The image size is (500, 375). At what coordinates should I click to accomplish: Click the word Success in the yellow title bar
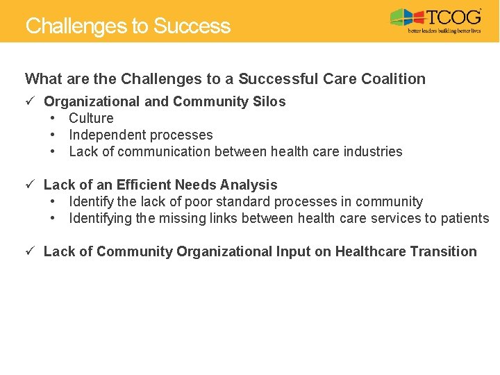pos(192,26)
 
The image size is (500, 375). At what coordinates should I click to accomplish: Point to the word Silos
pos(268,102)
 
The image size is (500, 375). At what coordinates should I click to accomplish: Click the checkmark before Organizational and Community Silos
pos(30,101)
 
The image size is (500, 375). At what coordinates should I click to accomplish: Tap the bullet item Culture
pos(91,119)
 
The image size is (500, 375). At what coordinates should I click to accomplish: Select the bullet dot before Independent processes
pos(53,135)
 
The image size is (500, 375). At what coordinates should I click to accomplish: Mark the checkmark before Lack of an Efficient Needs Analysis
pos(30,185)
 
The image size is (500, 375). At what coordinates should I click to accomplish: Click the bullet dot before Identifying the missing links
pos(53,219)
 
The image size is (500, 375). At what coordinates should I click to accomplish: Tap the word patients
pos(465,219)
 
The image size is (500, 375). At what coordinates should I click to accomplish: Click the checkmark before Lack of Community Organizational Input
pos(30,251)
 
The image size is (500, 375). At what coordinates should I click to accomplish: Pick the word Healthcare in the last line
pos(369,252)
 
